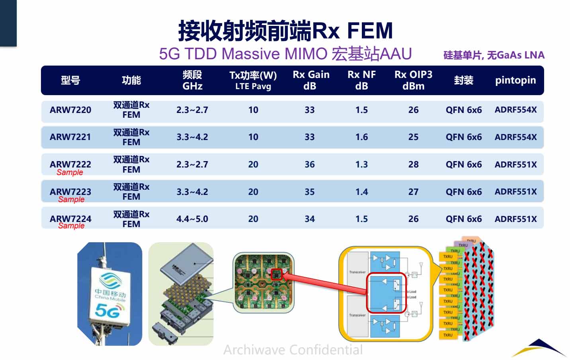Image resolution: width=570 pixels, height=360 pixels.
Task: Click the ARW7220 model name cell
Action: point(70,110)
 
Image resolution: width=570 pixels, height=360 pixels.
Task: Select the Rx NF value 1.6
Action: point(361,137)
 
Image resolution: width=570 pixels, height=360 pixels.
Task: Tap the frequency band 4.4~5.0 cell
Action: point(192,219)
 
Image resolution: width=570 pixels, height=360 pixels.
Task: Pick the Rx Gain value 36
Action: point(310,164)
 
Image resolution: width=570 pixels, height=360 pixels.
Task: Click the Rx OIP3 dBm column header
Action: point(413,80)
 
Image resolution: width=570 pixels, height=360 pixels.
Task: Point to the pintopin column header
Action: point(515,80)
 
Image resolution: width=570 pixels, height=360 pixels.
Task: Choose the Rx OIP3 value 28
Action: point(413,164)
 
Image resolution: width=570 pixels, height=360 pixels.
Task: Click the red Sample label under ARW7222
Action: point(70,172)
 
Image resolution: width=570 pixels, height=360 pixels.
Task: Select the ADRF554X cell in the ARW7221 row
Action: point(515,137)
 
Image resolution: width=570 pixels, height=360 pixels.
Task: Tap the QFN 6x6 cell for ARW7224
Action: point(463,219)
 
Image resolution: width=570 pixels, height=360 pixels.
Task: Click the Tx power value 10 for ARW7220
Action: point(253,110)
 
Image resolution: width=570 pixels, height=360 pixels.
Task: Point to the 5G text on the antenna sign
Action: point(107,310)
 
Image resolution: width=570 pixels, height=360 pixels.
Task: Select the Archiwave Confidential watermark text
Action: point(293,350)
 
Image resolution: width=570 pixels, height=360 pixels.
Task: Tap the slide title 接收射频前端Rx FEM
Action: point(285,31)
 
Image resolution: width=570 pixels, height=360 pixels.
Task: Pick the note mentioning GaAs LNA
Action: point(494,55)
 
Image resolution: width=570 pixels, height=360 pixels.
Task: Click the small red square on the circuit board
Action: point(277,274)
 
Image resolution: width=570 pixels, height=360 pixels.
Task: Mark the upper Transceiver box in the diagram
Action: point(357,272)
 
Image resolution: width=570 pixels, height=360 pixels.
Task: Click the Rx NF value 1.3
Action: point(361,164)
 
